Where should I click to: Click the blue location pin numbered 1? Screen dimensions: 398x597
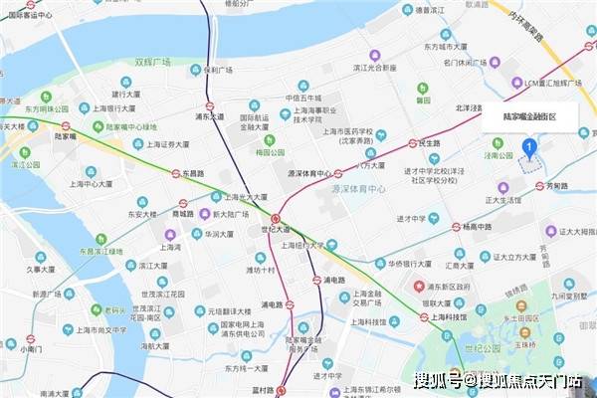(x=530, y=148)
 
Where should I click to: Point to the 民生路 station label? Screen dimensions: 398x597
(x=428, y=143)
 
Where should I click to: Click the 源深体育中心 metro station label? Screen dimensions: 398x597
(x=307, y=173)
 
